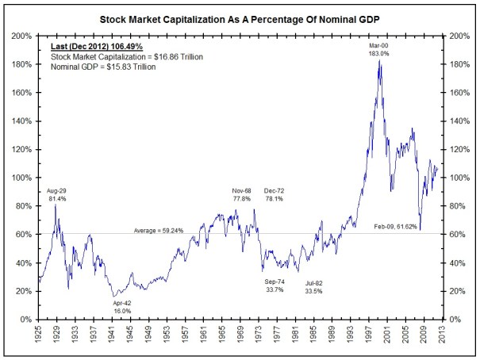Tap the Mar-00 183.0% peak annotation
(379, 49)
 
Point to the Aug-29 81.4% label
(57, 195)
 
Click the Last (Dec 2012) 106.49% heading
(97, 48)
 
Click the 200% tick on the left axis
(22, 36)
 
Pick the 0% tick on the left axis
(26, 320)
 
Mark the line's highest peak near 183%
(380, 60)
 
